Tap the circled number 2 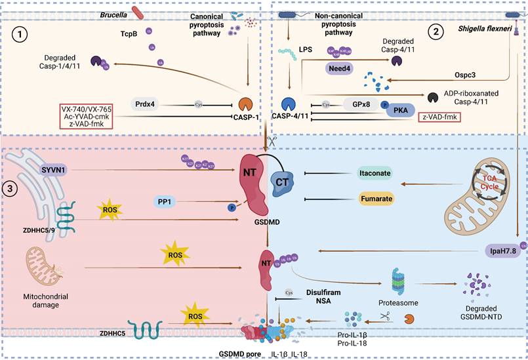(436, 30)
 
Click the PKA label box (400, 110)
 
